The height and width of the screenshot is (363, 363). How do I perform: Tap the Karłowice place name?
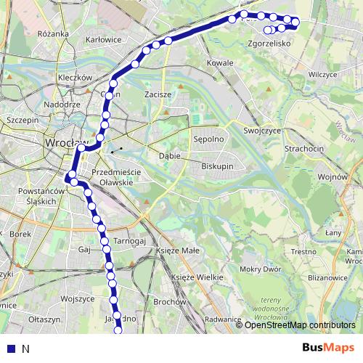[102, 39]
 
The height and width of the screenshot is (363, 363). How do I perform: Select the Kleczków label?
[75, 77]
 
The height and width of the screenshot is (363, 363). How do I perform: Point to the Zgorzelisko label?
[269, 44]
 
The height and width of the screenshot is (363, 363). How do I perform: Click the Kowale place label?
[220, 63]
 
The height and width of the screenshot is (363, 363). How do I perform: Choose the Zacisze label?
[158, 94]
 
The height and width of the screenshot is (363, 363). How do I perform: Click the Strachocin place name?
[304, 148]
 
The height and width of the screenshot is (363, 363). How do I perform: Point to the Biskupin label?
[216, 166]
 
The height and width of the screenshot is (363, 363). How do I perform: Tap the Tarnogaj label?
[131, 241]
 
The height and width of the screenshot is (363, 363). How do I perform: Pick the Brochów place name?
[171, 301]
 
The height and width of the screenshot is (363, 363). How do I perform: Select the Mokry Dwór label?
[259, 269]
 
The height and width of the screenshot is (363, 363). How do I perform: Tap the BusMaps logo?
[329, 348]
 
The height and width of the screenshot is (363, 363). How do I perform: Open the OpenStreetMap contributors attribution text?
[300, 325]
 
